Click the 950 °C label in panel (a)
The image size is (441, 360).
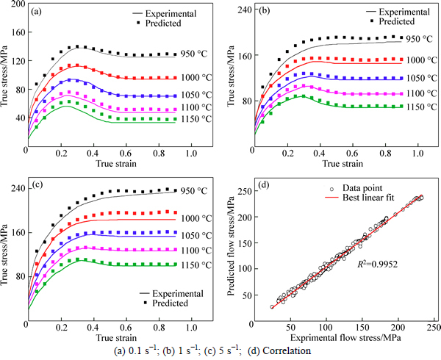tap(195, 54)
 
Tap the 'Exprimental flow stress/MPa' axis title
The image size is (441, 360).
tap(343, 337)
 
